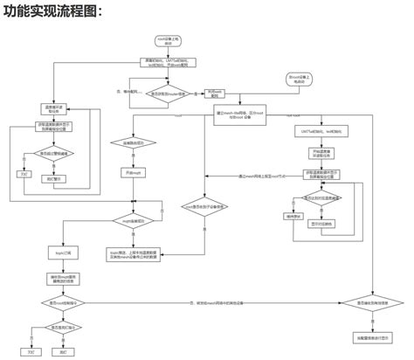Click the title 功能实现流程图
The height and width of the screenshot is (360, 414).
[54, 12]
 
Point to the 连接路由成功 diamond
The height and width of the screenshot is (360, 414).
[132, 142]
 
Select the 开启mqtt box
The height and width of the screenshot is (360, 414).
[132, 174]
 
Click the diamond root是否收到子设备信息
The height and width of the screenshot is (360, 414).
[204, 206]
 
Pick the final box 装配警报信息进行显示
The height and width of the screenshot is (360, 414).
[373, 336]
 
